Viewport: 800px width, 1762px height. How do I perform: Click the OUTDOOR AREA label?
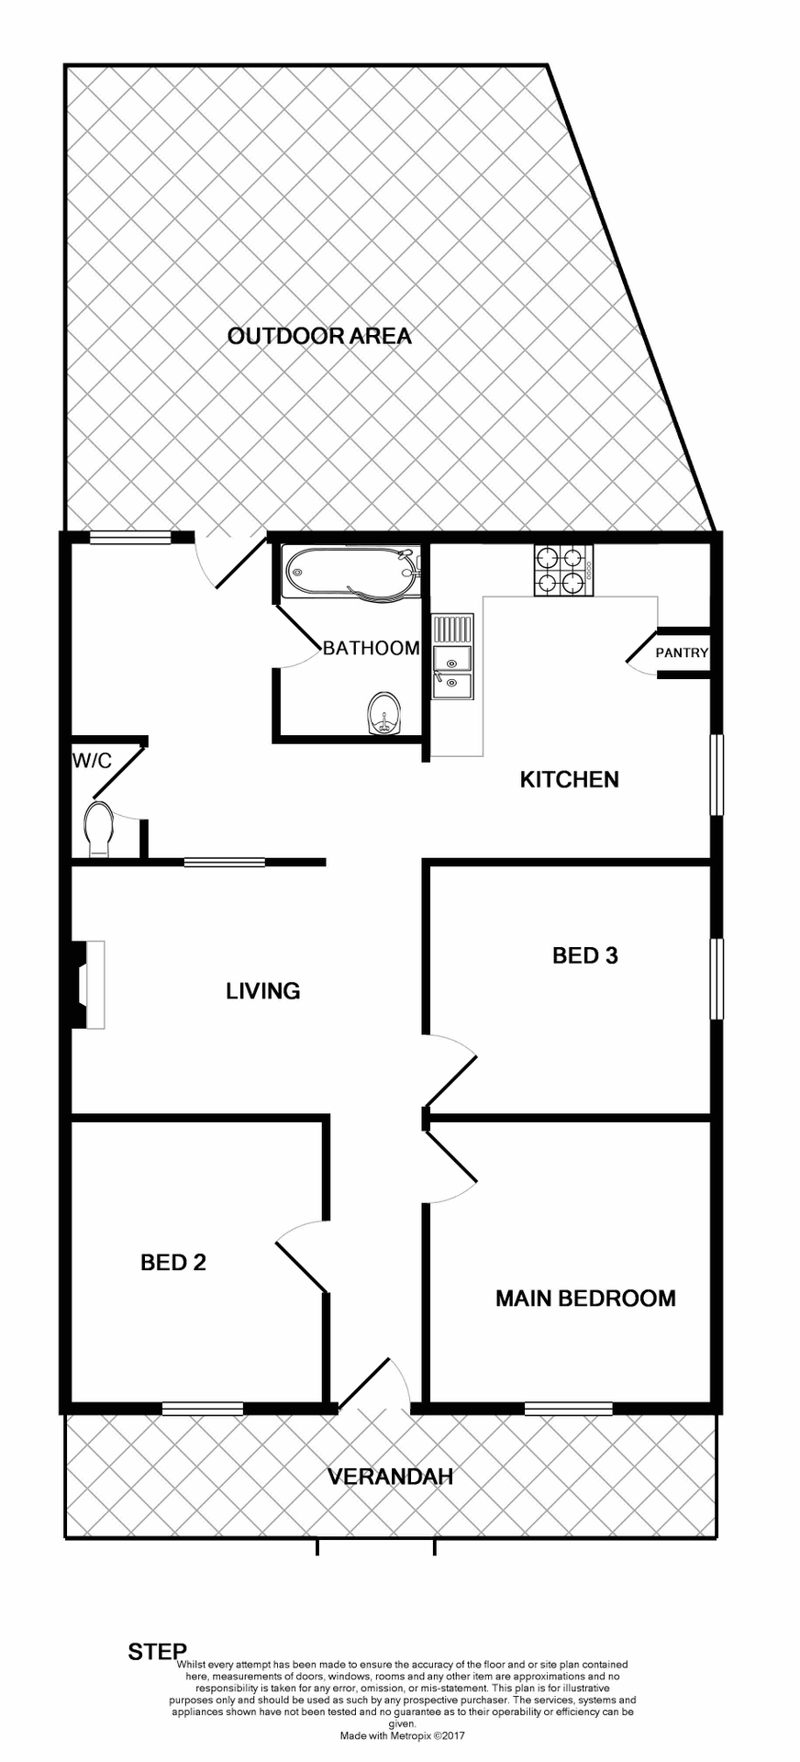[319, 336]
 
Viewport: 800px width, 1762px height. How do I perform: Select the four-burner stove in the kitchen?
[562, 570]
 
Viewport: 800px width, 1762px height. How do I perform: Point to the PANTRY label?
[682, 653]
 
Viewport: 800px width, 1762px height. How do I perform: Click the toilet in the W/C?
[99, 828]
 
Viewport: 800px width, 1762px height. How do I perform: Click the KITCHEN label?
[569, 780]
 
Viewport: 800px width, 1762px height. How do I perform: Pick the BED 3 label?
[584, 956]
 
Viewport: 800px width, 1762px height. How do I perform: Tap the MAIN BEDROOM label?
[585, 1299]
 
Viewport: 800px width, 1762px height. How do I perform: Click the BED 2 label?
[172, 1263]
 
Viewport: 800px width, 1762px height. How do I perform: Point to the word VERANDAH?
[391, 1477]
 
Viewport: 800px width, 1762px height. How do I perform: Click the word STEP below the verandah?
[157, 1652]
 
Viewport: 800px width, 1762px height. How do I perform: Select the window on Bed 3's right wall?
[717, 979]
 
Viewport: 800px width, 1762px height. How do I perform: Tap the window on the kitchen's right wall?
[717, 775]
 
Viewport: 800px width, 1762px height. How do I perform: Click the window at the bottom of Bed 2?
[203, 1409]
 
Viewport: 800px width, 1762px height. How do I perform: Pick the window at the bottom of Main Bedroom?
[568, 1409]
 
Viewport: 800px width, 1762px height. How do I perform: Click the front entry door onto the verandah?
[374, 1386]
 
